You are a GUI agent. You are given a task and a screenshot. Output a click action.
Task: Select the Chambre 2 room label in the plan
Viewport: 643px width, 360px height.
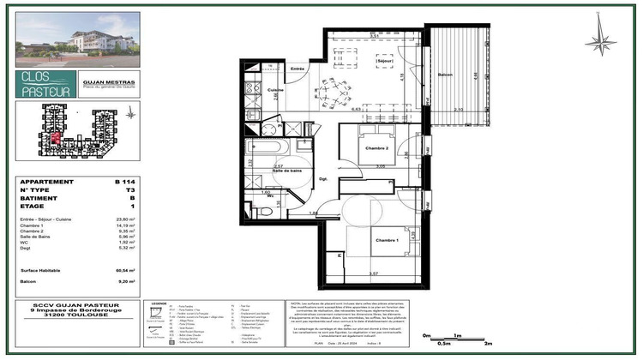tap(377, 149)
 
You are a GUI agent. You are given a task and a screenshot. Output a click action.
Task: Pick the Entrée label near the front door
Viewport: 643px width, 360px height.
tap(297, 68)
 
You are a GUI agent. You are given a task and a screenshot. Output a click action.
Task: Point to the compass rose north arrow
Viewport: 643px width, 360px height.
tap(601, 40)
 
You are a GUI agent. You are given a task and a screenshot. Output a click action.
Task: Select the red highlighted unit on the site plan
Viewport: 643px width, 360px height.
tap(53, 138)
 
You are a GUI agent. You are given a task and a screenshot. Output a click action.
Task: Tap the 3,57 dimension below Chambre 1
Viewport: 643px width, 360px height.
tap(373, 273)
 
